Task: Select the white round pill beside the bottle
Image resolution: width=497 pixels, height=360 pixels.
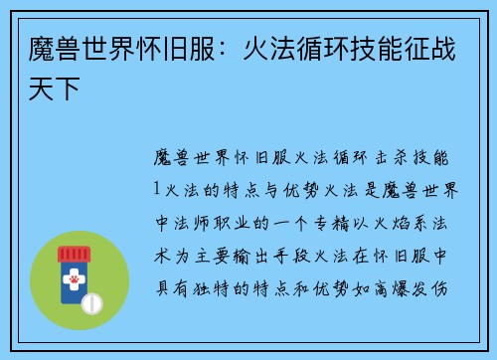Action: point(92,301)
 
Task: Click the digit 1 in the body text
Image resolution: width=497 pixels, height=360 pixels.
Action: point(157,186)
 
